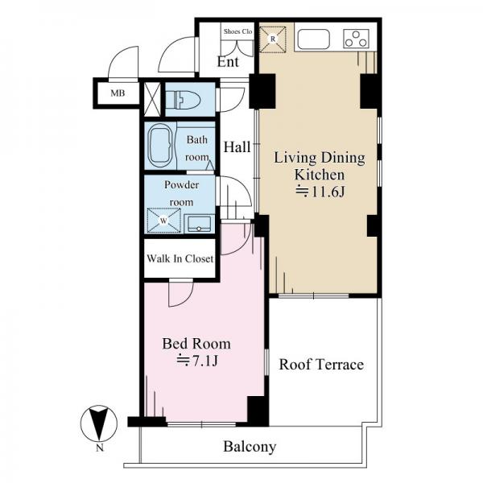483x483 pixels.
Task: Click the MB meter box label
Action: click(118, 93)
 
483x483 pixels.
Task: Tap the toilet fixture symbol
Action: click(183, 100)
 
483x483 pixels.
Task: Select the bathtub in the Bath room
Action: click(160, 146)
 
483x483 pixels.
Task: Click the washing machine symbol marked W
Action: click(163, 221)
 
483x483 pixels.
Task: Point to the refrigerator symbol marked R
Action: click(273, 39)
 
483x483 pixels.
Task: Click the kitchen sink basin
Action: click(313, 39)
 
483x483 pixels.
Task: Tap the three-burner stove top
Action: click(357, 39)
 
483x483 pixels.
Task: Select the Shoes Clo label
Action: click(237, 31)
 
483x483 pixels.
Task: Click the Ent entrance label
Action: click(228, 62)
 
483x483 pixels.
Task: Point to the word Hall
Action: click(237, 147)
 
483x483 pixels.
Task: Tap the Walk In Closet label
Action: click(180, 258)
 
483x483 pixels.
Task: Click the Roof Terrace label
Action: click(321, 365)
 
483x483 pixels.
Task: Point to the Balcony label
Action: click(250, 447)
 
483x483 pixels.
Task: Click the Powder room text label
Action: click(181, 193)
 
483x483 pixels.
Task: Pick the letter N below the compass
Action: click(100, 448)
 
